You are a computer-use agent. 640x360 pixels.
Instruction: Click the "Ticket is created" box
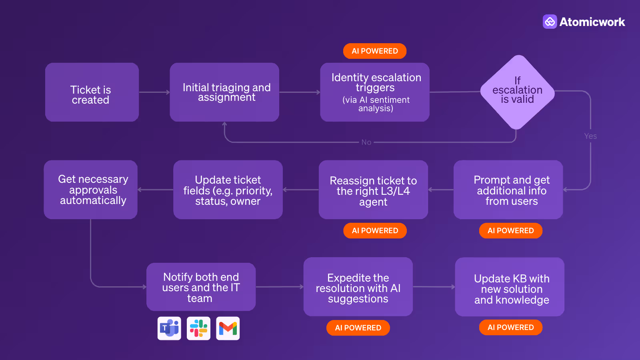[92, 92]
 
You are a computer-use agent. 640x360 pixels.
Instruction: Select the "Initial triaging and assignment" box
[224, 92]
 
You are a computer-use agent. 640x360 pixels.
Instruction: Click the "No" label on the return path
[366, 142]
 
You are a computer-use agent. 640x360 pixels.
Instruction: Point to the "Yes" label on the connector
[590, 136]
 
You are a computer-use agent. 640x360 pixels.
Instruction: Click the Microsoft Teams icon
[169, 328]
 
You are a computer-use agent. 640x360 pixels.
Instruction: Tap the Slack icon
[198, 328]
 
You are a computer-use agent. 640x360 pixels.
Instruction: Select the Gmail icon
[228, 328]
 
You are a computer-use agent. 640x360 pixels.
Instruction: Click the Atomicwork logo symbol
[550, 22]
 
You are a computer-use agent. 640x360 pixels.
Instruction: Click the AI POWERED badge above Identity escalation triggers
[375, 51]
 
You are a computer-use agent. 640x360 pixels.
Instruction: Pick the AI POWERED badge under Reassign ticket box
[375, 231]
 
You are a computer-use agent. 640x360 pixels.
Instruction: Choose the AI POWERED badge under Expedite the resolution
[358, 328]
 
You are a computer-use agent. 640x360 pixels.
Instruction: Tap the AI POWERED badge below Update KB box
[510, 328]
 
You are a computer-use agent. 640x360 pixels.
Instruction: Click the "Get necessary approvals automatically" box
[91, 190]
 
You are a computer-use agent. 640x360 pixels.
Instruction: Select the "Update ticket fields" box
[228, 190]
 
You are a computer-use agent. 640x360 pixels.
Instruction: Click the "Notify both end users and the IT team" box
[201, 287]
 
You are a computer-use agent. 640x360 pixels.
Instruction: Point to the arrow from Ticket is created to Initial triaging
[154, 92]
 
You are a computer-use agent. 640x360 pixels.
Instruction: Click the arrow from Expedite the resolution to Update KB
[434, 287]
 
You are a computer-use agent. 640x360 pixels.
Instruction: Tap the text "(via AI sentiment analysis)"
[376, 104]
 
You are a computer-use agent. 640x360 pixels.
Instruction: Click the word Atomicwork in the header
[592, 22]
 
